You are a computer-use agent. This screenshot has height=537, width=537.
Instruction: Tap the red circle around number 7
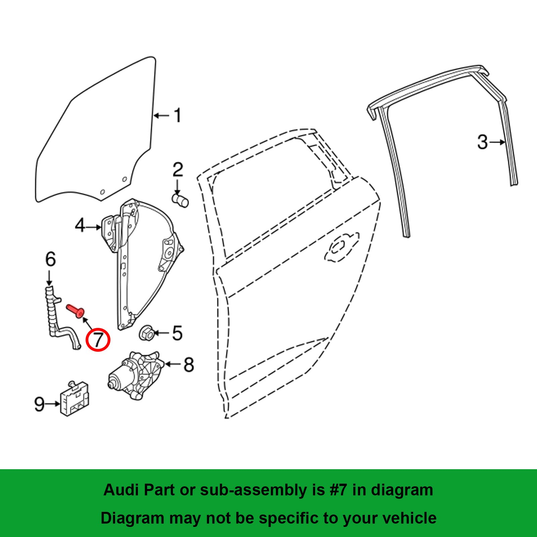coord(98,340)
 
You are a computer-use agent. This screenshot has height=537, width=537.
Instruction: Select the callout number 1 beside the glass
coord(178,115)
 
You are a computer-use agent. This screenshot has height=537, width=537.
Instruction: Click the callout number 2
coord(178,170)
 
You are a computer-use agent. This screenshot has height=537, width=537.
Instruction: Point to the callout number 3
coord(482,142)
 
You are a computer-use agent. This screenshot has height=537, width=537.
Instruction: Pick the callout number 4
coord(80,226)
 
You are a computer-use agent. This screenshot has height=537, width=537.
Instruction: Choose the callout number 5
coord(177,333)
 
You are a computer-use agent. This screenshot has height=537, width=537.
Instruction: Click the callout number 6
coord(50,259)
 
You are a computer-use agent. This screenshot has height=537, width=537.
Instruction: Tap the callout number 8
coord(189,364)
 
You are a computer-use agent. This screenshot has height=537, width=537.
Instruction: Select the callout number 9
coord(39,404)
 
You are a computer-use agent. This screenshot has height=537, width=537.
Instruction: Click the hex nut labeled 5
coord(147,333)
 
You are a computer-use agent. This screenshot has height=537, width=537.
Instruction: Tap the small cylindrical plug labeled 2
coord(180,201)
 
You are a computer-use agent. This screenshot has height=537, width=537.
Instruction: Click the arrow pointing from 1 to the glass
coord(161,116)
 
